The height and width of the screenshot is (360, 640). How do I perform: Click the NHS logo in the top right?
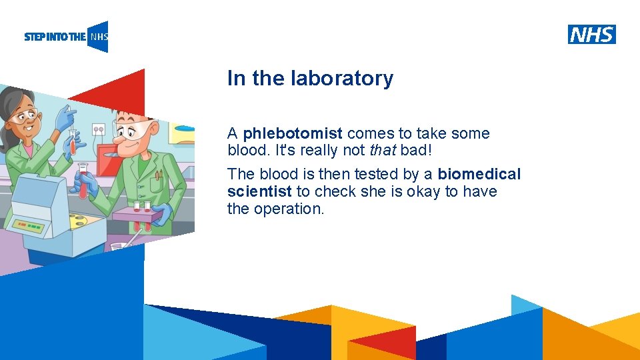tap(591, 34)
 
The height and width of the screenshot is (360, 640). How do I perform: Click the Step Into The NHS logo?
tap(66, 37)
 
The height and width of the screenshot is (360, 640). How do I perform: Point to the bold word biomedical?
tap(479, 174)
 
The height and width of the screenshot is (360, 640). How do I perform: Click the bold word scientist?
tap(259, 191)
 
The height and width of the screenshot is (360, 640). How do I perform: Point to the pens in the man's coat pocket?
tap(158, 175)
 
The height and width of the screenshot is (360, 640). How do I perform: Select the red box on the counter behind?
tap(107, 160)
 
